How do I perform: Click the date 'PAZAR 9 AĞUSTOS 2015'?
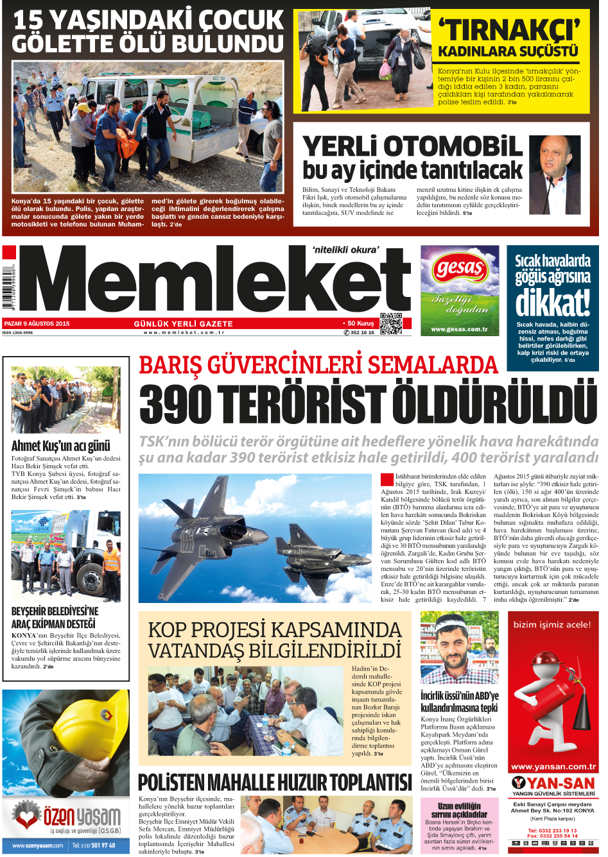(x=37, y=324)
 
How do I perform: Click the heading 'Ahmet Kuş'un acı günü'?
(x=61, y=446)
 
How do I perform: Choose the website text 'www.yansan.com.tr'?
(x=553, y=767)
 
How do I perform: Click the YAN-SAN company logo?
(x=553, y=783)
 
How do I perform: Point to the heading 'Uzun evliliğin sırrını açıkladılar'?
(x=459, y=810)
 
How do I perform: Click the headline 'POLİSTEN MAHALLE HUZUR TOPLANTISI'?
(x=275, y=783)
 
